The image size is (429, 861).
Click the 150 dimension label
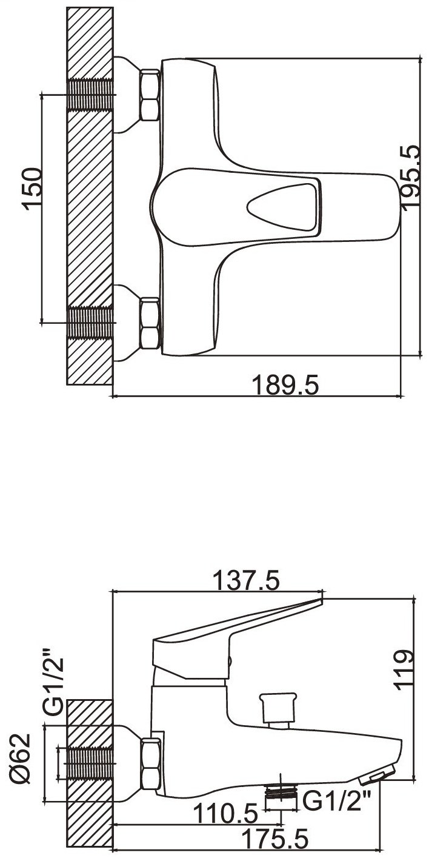pyautogui.click(x=32, y=189)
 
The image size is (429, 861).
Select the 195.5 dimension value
pyautogui.click(x=411, y=176)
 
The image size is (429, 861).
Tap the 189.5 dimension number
pyautogui.click(x=285, y=385)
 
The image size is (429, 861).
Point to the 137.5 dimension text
pyautogui.click(x=246, y=580)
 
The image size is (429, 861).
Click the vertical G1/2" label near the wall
pyautogui.click(x=53, y=682)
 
